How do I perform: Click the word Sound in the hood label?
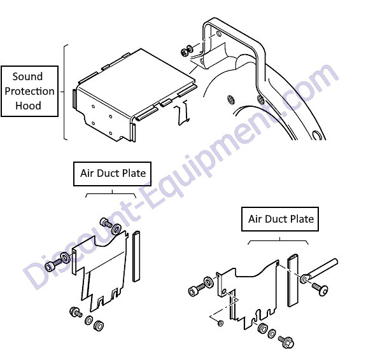pyautogui.click(x=27, y=76)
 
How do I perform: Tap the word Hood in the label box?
pyautogui.click(x=28, y=106)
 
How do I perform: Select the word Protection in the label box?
pyautogui.click(x=29, y=91)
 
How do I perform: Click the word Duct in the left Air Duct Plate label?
pyautogui.click(x=108, y=174)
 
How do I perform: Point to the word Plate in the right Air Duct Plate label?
pyautogui.click(x=302, y=219)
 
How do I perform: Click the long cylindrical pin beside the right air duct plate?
pyautogui.click(x=320, y=270)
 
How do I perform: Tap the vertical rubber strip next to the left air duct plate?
pyautogui.click(x=136, y=256)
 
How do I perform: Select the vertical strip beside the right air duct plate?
pyautogui.click(x=293, y=281)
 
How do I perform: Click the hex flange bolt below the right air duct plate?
pyautogui.click(x=286, y=342)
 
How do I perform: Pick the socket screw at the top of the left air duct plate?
pyautogui.click(x=106, y=222)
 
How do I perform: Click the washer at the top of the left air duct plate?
pyautogui.click(x=116, y=229)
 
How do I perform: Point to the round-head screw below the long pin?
pyautogui.click(x=320, y=289)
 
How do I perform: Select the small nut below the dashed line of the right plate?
pyautogui.click(x=220, y=323)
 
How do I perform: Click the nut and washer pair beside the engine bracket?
pyautogui.click(x=187, y=51)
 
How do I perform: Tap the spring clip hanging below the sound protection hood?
pyautogui.click(x=181, y=113)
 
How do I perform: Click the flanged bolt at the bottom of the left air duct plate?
pyautogui.click(x=76, y=312)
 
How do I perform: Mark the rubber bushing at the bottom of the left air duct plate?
pyautogui.click(x=99, y=326)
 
